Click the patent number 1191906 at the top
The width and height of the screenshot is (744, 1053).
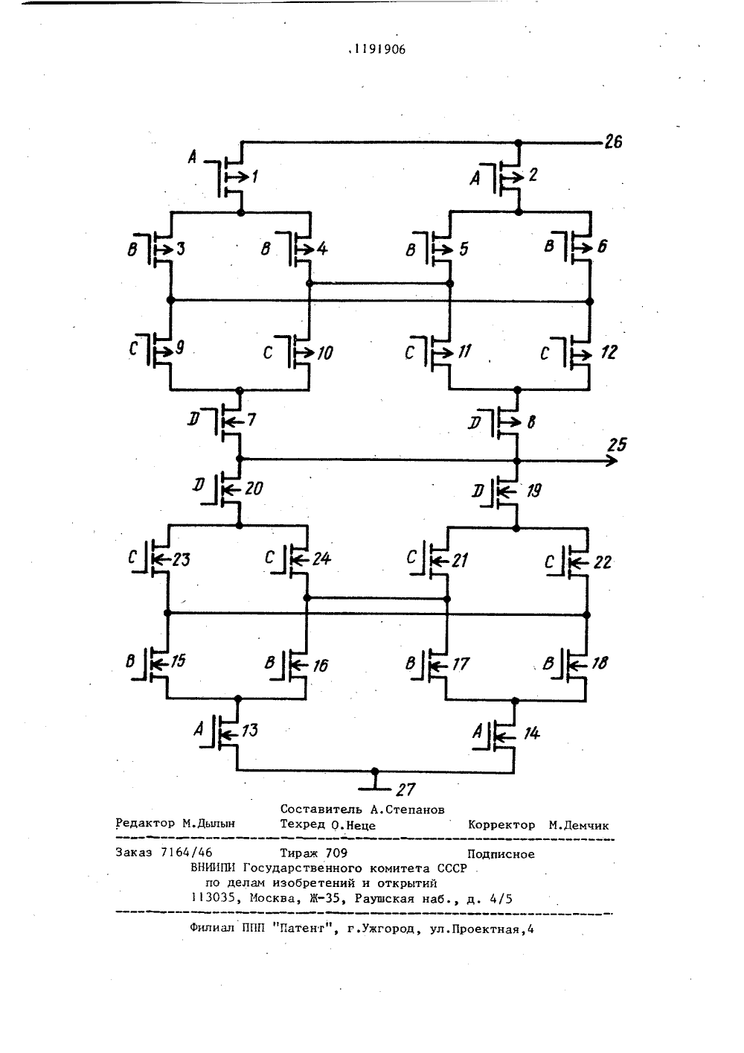tap(379, 49)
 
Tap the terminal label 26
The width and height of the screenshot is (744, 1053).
tap(613, 141)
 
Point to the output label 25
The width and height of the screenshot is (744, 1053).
tap(617, 445)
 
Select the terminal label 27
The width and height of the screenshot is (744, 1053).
tap(405, 789)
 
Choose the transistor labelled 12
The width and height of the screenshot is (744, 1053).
tap(578, 352)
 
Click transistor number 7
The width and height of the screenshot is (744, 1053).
tap(230, 420)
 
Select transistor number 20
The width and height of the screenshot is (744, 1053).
tap(230, 489)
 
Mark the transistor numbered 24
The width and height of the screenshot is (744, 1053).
tap(298, 559)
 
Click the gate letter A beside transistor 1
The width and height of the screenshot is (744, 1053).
tap(192, 157)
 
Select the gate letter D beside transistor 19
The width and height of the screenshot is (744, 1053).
tap(477, 491)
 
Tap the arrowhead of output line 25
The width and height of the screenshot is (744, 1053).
tap(612, 461)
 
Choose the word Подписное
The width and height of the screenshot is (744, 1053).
tap(501, 853)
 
